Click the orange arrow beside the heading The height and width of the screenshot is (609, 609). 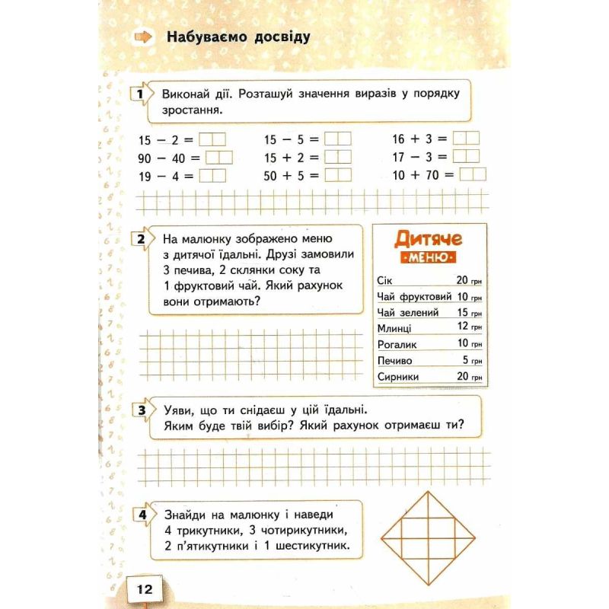[x=142, y=37]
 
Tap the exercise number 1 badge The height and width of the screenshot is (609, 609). [x=140, y=95]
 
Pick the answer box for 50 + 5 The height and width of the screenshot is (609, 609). [x=337, y=174]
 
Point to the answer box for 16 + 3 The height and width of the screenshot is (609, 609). [x=465, y=139]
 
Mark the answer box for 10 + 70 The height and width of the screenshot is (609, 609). [x=472, y=174]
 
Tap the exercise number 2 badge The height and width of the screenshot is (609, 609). [x=140, y=240]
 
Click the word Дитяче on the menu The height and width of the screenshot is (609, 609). [x=429, y=240]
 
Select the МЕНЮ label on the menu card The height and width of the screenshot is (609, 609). [x=429, y=259]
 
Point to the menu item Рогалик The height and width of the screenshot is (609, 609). [x=396, y=344]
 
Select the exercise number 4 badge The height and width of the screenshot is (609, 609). [x=140, y=515]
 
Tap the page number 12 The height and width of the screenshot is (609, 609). [x=145, y=588]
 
